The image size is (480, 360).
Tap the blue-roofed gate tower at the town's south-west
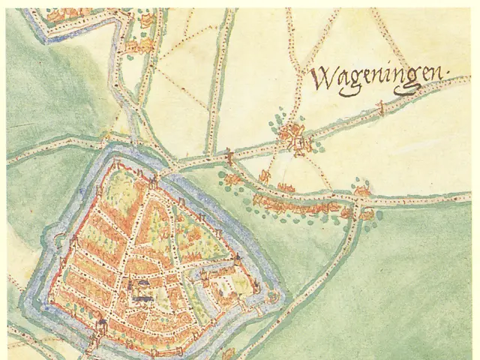pyautogui.click(x=100, y=325)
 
